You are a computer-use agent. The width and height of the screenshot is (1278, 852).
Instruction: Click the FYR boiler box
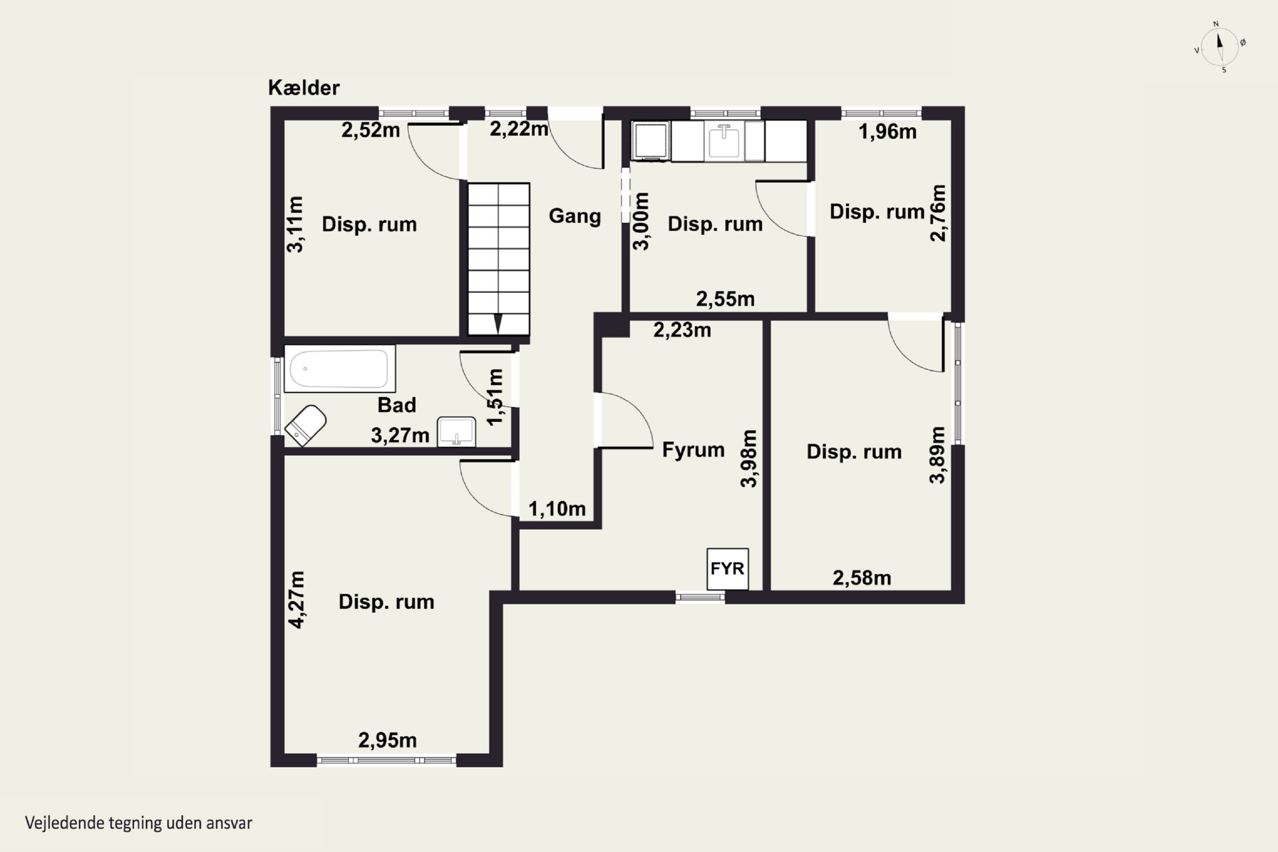pyautogui.click(x=728, y=569)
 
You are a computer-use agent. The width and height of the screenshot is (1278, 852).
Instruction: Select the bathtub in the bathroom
pyautogui.click(x=340, y=368)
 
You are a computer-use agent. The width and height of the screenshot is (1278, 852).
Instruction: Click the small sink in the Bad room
pyautogui.click(x=456, y=432)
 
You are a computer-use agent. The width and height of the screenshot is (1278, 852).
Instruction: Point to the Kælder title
pyautogui.click(x=304, y=87)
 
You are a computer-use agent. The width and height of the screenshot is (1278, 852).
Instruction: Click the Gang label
pyautogui.click(x=575, y=216)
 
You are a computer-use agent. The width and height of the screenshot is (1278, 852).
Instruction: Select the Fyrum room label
pyautogui.click(x=694, y=450)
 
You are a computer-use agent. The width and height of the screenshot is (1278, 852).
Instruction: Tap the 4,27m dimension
pyautogui.click(x=296, y=600)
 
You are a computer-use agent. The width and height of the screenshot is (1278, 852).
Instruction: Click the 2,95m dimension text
pyautogui.click(x=387, y=740)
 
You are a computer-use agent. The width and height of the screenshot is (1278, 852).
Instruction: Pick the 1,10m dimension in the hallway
pyautogui.click(x=557, y=509)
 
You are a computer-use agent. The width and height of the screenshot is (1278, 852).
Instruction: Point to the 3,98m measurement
pyautogui.click(x=749, y=459)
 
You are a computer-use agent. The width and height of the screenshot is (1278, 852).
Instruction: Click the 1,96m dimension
pyautogui.click(x=887, y=132)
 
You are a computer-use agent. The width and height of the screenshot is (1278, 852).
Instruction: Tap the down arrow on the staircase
pyautogui.click(x=498, y=324)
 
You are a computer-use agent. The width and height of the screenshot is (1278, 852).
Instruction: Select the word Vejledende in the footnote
pyautogui.click(x=65, y=823)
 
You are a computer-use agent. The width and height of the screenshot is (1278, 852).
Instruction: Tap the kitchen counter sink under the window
pyautogui.click(x=724, y=141)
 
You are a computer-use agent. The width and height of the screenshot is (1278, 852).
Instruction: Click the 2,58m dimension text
pyautogui.click(x=862, y=578)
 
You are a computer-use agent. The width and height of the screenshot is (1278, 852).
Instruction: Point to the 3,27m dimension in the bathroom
pyautogui.click(x=400, y=436)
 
